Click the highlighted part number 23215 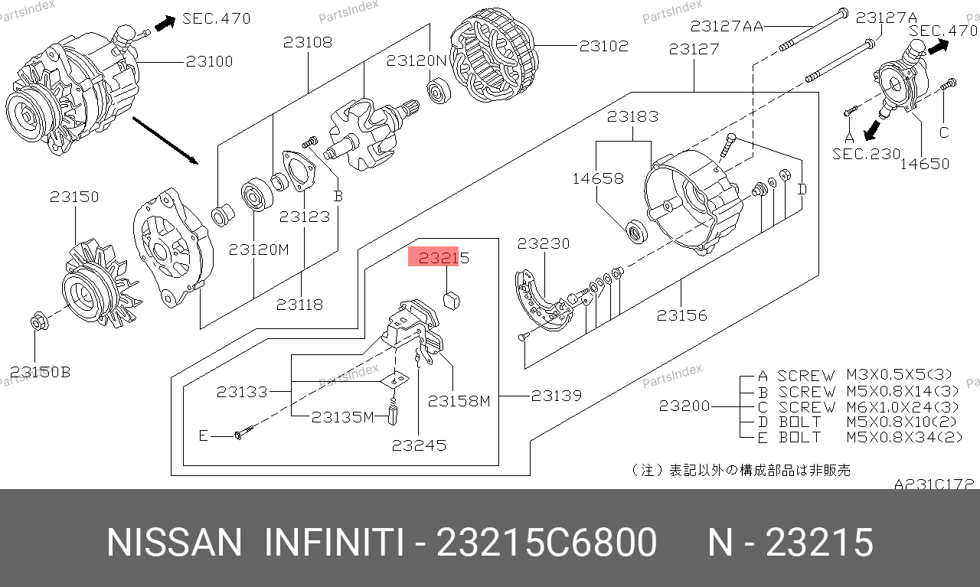(443, 258)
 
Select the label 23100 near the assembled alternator (209, 61)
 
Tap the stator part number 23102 (604, 46)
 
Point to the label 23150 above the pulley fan (74, 197)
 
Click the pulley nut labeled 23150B (39, 322)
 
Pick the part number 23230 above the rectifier (544, 243)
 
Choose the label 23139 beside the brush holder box (557, 396)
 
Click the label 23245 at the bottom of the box (419, 445)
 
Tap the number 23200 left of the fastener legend (684, 406)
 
